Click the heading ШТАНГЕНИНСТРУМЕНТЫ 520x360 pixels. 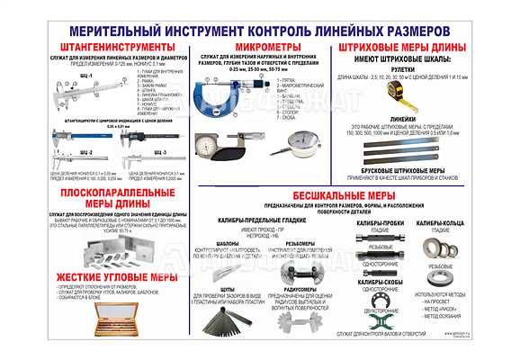click(98, 46)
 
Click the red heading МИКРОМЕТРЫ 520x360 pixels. click(262, 46)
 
